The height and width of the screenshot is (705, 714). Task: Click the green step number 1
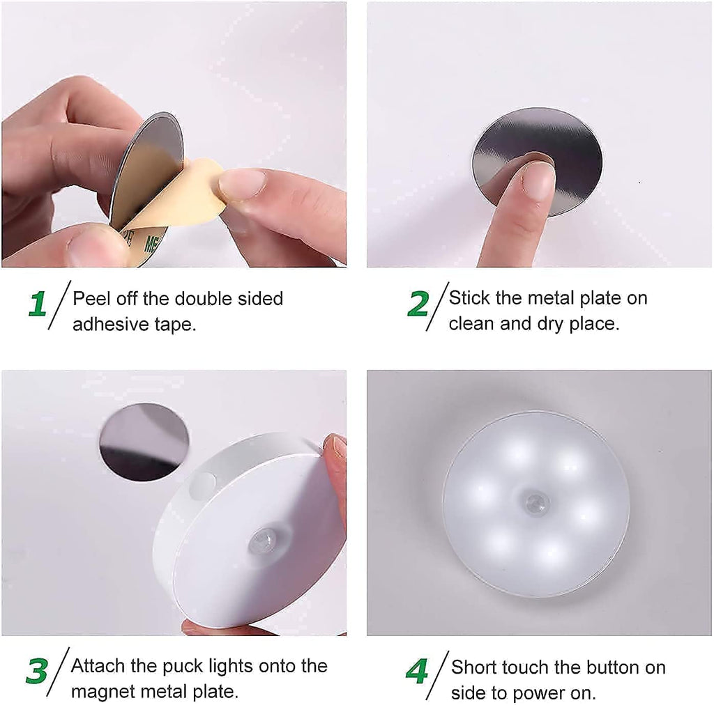coord(38,304)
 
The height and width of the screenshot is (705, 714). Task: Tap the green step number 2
coord(418,304)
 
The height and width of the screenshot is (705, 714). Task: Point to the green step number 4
coord(417,672)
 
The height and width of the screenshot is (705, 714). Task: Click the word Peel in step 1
coord(90,299)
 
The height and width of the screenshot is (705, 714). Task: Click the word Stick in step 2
coord(469,298)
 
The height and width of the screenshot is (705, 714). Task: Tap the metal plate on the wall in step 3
coord(144,440)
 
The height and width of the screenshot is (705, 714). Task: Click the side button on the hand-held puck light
coord(203,483)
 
